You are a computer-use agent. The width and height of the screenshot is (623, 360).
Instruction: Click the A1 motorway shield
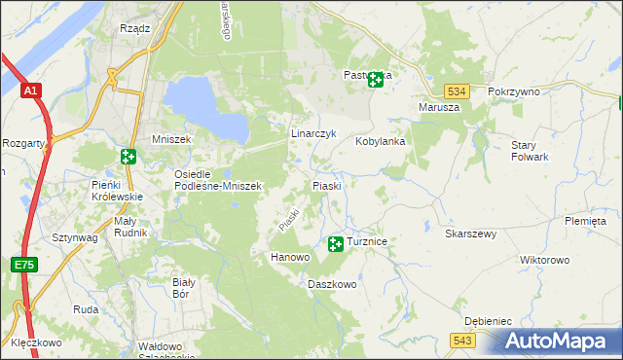coord(31,90)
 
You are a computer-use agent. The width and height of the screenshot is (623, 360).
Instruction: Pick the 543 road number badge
coord(462,340)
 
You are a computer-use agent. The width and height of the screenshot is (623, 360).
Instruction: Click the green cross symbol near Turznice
coord(336,243)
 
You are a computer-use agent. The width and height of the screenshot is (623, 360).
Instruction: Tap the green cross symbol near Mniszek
coord(128,156)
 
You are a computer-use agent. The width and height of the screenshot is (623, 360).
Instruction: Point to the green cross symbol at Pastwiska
coord(375,80)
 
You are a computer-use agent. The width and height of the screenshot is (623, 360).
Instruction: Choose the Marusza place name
coord(438,107)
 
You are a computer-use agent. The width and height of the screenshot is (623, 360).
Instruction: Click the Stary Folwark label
coord(531,151)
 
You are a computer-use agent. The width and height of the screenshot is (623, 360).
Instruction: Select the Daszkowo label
coord(332,285)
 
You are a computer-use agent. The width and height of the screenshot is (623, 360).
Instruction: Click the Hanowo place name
coord(289,257)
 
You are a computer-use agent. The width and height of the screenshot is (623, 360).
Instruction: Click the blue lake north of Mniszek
coord(204,107)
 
